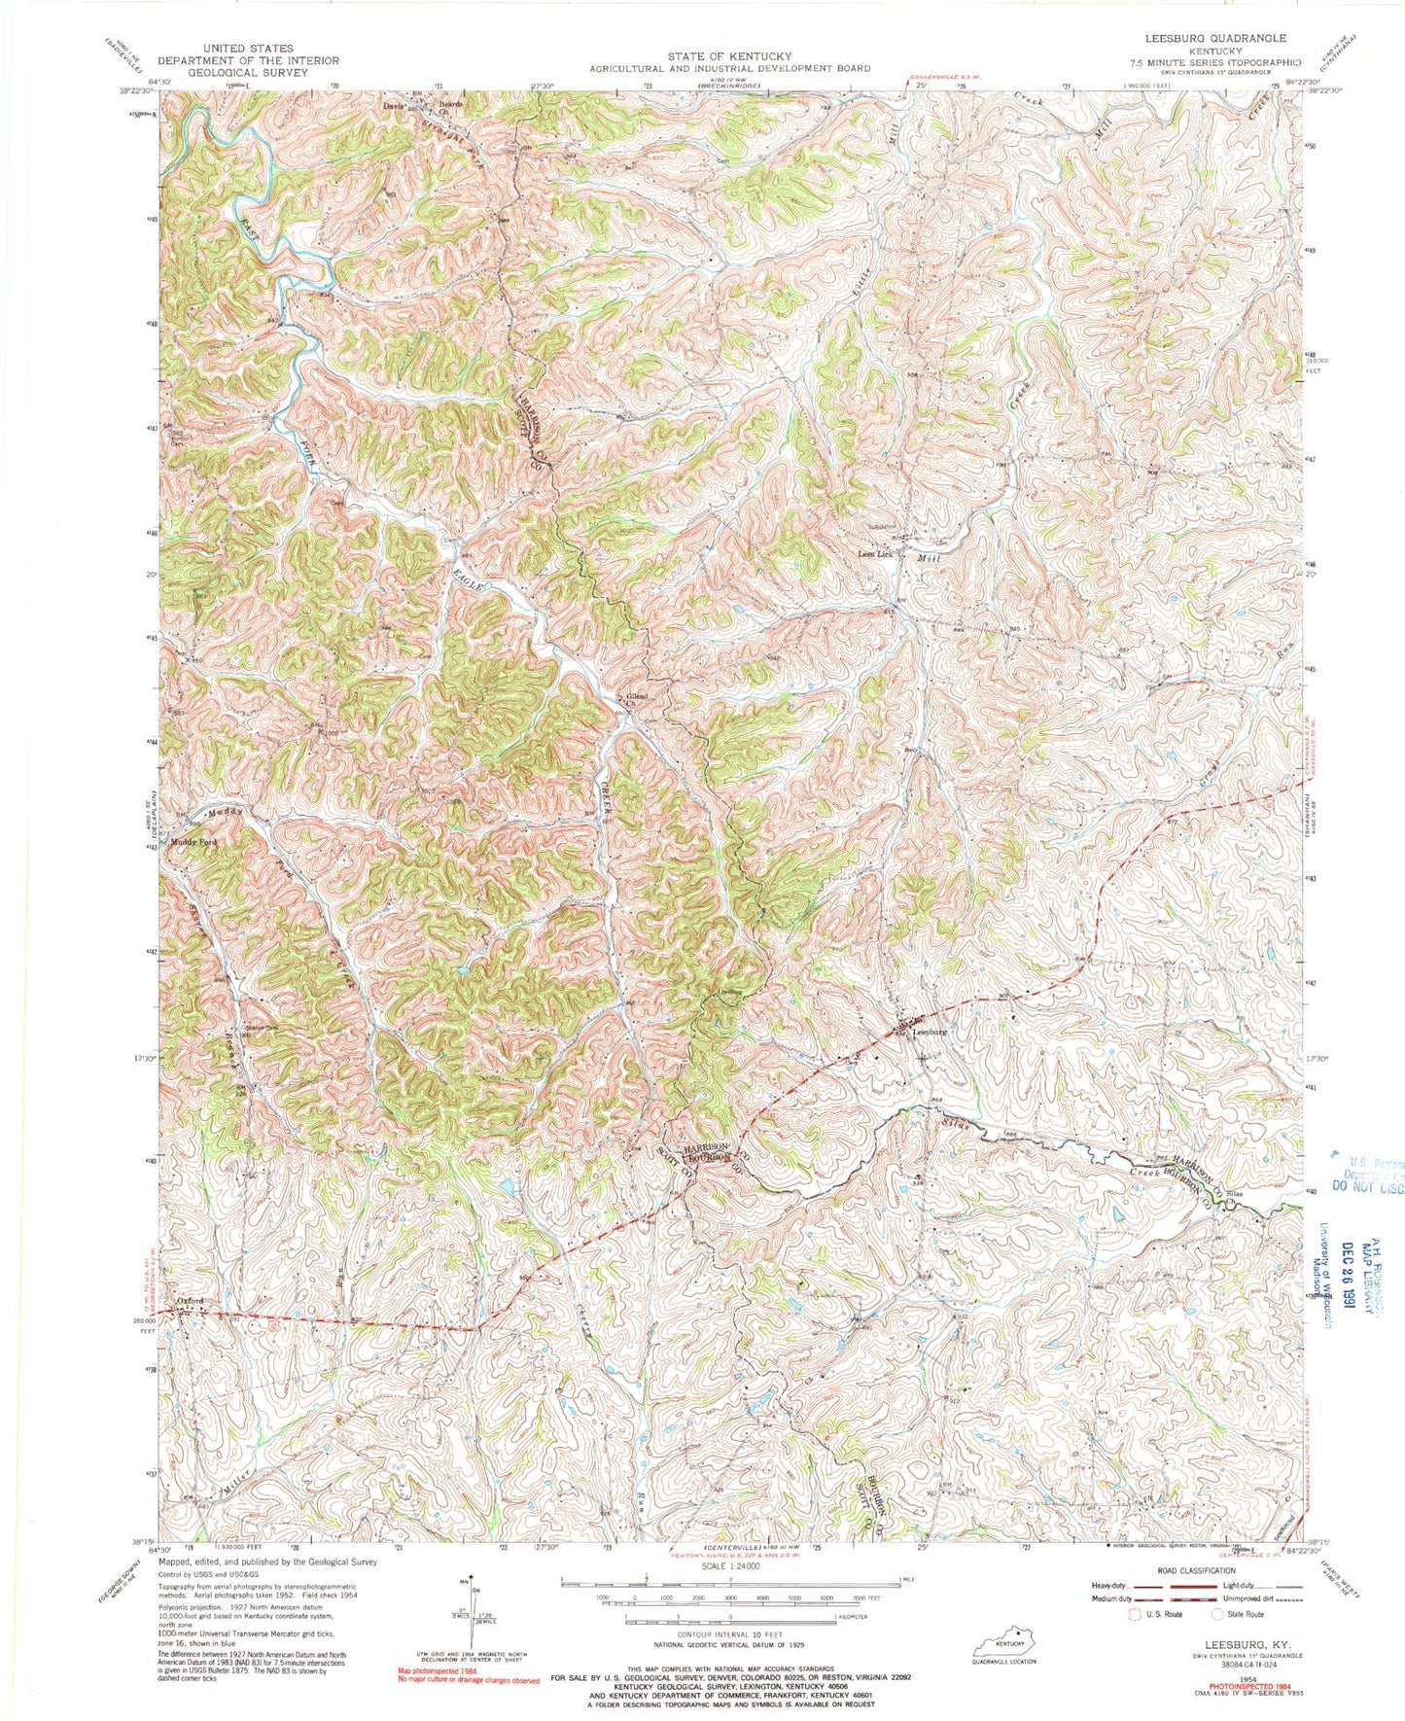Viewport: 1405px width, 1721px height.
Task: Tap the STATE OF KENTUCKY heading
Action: coord(728,56)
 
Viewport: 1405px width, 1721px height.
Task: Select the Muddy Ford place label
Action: coord(193,842)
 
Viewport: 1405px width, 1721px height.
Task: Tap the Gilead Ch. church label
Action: coord(638,700)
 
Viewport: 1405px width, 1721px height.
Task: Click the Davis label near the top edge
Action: coord(393,106)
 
